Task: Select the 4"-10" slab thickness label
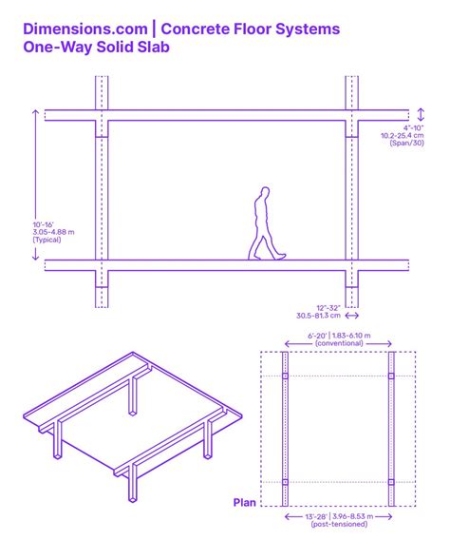pos(414,127)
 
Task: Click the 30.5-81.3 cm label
pos(316,316)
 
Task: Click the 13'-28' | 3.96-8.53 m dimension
pos(339,516)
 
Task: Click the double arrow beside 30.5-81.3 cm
pos(352,316)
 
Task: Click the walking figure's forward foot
pos(280,256)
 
